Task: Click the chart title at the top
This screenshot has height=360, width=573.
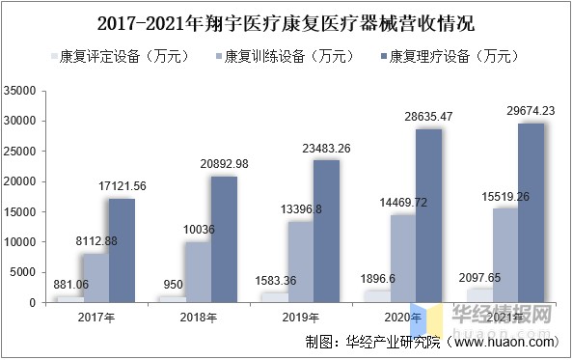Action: click(286, 21)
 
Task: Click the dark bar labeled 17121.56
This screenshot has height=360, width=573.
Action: click(122, 251)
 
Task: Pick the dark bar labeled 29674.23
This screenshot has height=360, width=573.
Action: click(531, 213)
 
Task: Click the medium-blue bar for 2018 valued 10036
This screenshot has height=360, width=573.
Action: click(197, 272)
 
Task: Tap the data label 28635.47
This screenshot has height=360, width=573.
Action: click(427, 117)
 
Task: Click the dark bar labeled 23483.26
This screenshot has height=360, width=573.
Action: click(326, 232)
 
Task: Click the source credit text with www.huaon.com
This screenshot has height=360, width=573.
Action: click(430, 343)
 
